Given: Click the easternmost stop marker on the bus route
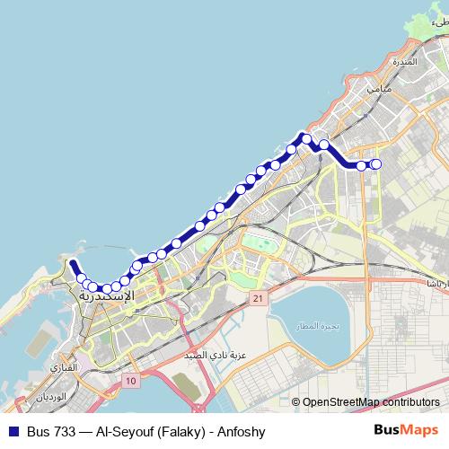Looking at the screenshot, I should coord(376,163).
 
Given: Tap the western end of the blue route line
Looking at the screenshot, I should coord(73,263).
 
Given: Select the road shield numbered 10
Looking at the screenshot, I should coord(132,382).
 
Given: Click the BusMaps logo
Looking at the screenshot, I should coord(405,431).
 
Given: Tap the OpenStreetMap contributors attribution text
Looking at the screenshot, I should coord(371,401).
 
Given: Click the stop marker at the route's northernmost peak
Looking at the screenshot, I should coord(306,138).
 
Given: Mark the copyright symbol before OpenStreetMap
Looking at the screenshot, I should coord(296,401).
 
